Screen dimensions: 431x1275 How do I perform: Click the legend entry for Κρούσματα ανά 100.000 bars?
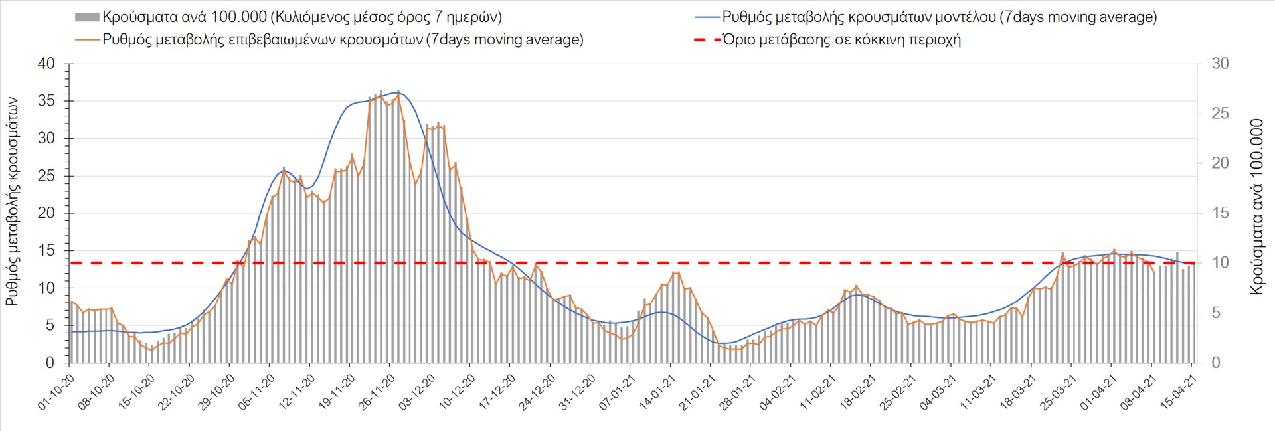pos(289,17)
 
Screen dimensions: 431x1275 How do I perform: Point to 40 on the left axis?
pos(46,64)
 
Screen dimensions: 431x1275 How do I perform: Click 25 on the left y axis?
pos(46,176)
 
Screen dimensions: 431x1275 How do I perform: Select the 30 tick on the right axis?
pos(1220,64)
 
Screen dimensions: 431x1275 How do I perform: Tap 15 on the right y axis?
pos(1220,213)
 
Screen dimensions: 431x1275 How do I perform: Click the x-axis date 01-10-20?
pos(56,392)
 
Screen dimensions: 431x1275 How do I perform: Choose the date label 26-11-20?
pos(377,392)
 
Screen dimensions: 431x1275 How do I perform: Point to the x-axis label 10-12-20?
pos(458,392)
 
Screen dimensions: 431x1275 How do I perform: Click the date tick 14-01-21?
pos(657,392)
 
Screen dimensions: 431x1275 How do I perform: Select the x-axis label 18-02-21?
pos(858,392)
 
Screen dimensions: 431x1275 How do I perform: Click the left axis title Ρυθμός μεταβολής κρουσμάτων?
pos(12,201)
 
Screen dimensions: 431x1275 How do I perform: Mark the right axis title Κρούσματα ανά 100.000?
pos(1257,207)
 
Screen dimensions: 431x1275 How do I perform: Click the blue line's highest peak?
pos(397,92)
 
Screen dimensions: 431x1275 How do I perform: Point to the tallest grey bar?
pos(381,92)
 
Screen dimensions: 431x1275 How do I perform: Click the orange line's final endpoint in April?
pos(1154,272)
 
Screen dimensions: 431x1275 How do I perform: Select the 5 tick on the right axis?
pos(1216,313)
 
